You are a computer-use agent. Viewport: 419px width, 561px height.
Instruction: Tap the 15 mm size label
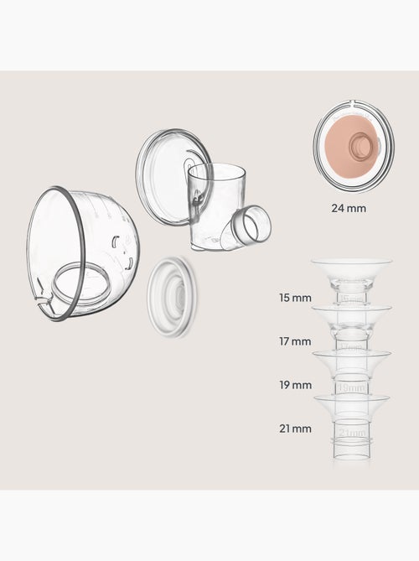(296, 298)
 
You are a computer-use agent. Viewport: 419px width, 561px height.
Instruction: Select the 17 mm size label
(296, 341)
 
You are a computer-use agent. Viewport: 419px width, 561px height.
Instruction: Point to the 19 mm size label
(296, 385)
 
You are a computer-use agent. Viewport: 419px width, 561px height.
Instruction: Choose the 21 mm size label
(296, 429)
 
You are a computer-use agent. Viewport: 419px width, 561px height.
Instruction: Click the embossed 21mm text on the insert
(352, 432)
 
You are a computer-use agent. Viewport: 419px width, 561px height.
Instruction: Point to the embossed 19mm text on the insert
(352, 388)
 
